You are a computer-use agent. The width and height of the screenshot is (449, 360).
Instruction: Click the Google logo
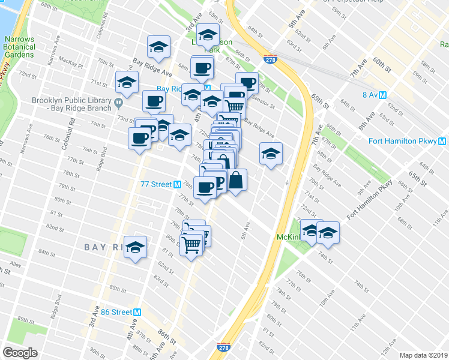[21, 352]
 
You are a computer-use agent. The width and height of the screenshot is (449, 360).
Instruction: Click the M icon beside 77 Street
[178, 185]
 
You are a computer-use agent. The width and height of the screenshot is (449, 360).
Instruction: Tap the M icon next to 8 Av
[382, 95]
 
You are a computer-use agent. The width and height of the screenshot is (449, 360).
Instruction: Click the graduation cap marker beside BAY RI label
[136, 247]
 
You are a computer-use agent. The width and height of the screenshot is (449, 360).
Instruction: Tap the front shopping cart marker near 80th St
[191, 244]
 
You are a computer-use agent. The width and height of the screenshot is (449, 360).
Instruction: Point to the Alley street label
[15, 263]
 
